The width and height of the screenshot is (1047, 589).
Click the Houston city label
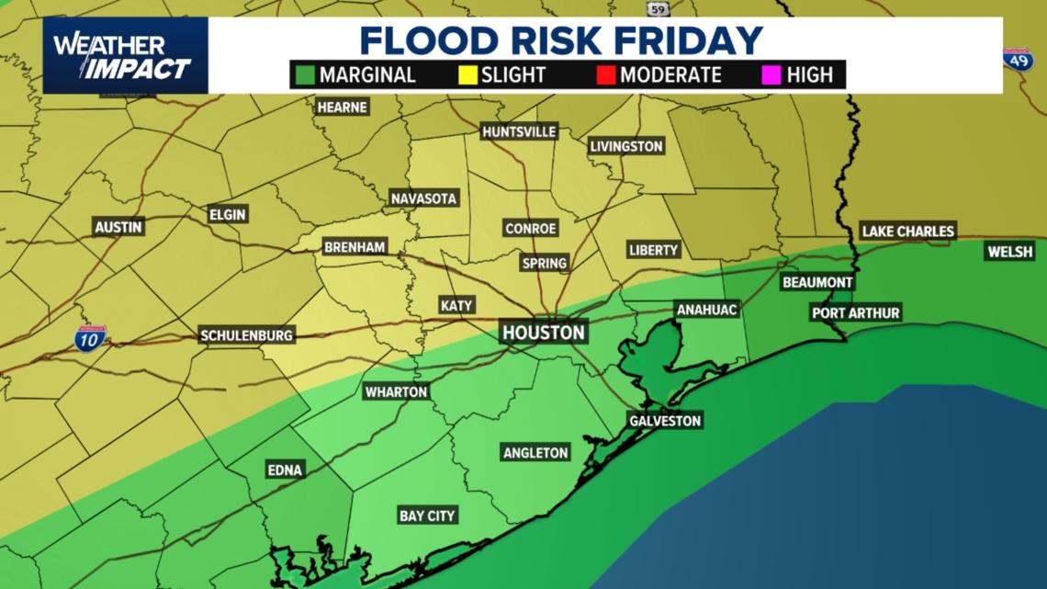coord(544,332)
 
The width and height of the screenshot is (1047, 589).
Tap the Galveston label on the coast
coord(665,421)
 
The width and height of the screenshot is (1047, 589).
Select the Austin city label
coord(118,227)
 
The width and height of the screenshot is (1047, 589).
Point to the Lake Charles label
coord(907,231)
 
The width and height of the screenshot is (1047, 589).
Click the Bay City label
coord(427,515)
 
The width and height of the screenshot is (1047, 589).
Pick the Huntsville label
coord(519,131)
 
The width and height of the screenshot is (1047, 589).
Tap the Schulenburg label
coord(246,335)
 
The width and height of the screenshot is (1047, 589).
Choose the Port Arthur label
coord(855,313)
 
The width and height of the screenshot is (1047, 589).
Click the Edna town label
coord(285,470)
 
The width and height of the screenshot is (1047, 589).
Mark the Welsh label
coord(1010,251)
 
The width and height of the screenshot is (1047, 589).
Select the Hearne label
coord(342,107)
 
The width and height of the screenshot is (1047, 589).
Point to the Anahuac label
coord(706,310)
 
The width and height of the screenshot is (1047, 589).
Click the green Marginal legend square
coord(304,74)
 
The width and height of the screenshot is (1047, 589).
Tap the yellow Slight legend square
coord(467,74)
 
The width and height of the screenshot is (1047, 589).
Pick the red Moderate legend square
coord(604,74)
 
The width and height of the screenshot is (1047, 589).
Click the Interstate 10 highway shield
coord(90,338)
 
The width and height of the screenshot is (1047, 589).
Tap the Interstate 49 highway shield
coord(1017,60)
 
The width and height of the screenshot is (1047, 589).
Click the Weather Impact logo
coord(125,56)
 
